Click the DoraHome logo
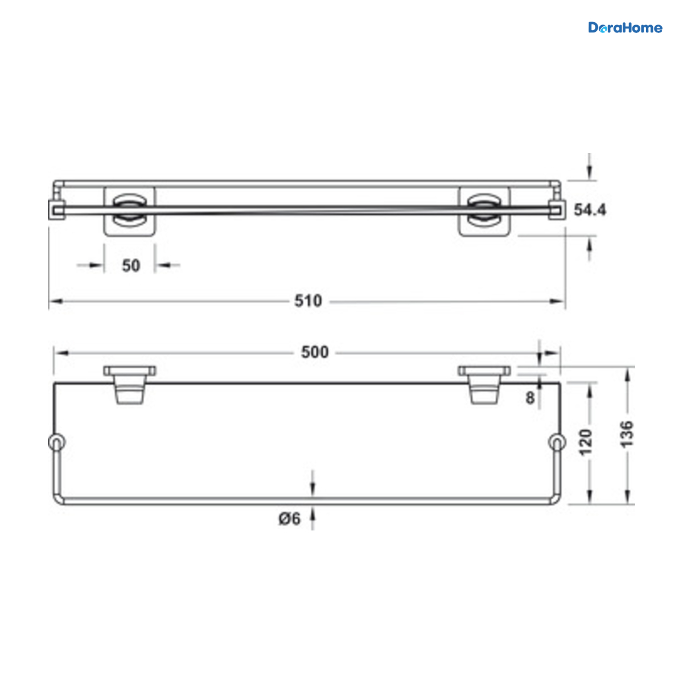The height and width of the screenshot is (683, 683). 625,28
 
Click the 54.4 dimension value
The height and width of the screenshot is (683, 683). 590,210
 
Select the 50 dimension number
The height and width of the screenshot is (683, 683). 131,265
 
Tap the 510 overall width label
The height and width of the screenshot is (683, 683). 308,301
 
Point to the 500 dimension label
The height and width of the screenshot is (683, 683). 315,352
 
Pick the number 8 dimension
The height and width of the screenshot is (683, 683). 530,398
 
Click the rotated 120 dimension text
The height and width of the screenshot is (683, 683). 585,442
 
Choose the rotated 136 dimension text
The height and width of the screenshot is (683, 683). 626,434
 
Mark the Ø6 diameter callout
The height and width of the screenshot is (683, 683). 289,519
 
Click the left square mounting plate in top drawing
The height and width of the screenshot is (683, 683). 129,211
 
